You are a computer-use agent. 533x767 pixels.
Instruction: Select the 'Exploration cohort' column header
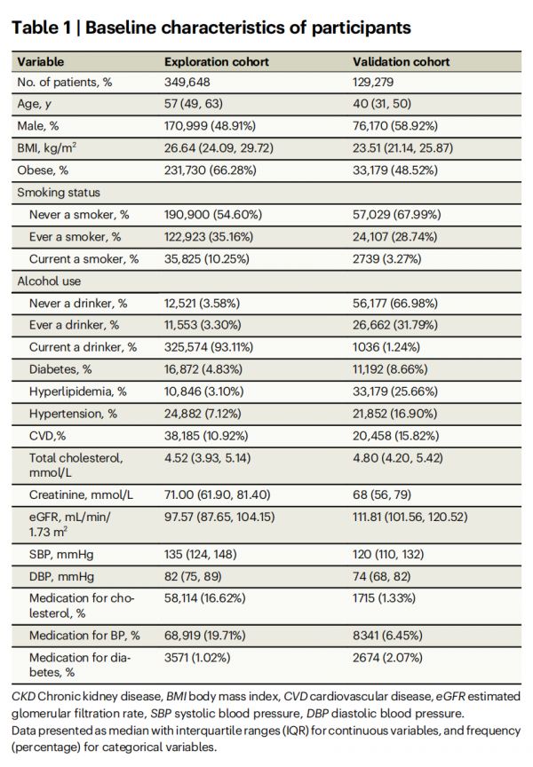217,62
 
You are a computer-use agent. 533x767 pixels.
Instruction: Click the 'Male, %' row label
43,126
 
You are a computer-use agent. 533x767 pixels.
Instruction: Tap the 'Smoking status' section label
60,192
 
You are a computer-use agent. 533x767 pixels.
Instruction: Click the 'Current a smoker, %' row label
84,258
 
